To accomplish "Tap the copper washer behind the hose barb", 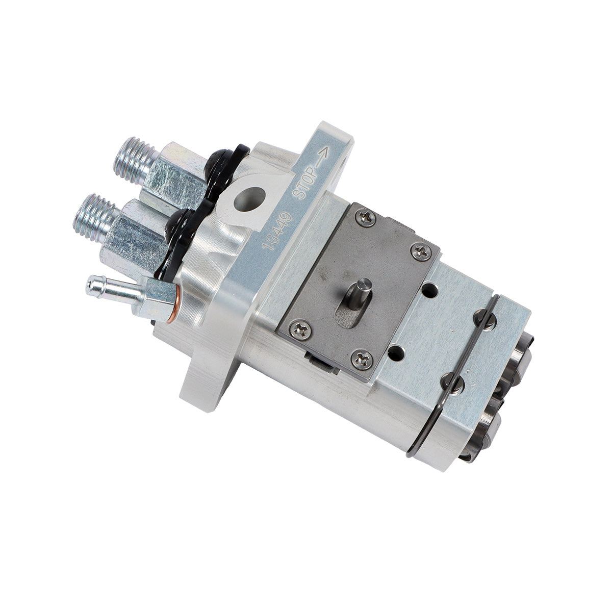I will click(x=175, y=307).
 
